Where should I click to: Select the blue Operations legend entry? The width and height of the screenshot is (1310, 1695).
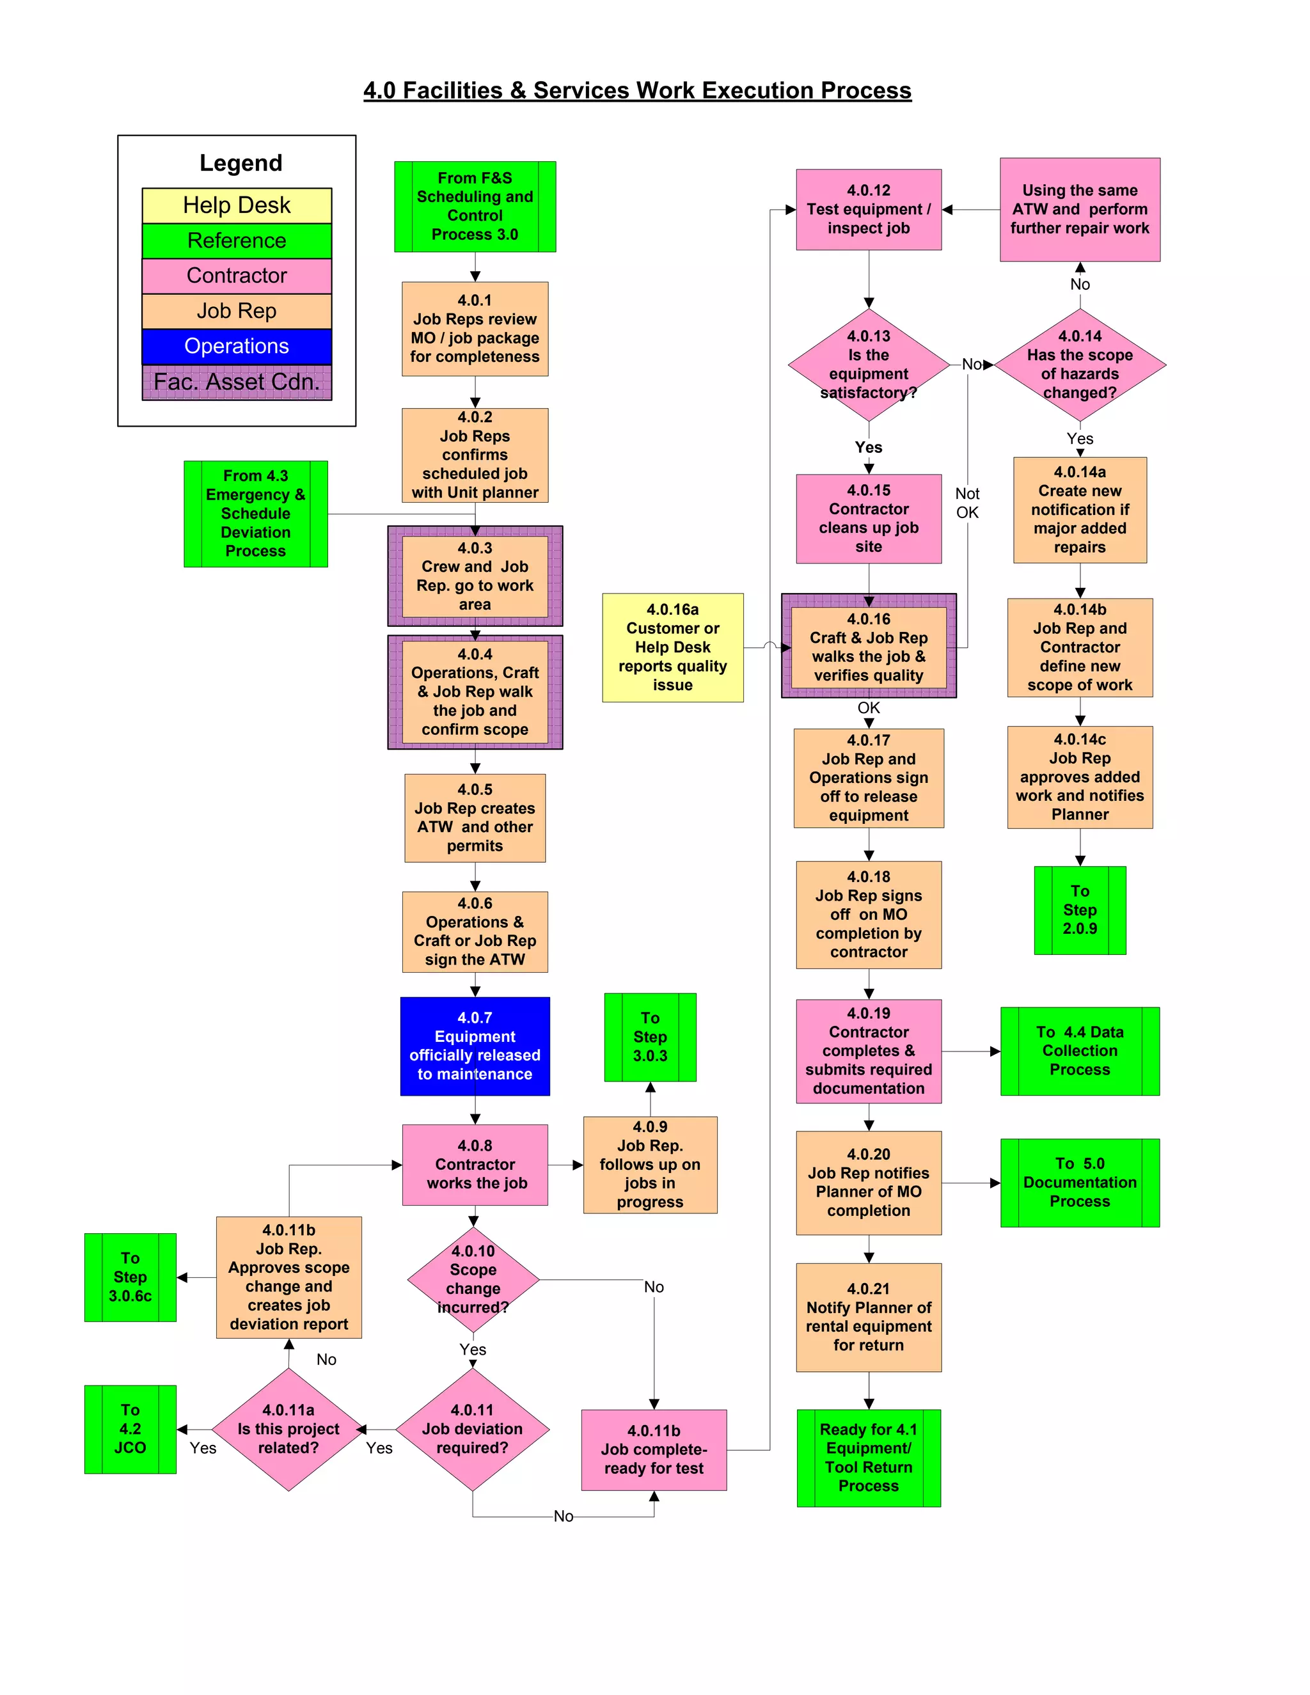237,346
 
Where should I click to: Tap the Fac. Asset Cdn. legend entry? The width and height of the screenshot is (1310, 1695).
237,382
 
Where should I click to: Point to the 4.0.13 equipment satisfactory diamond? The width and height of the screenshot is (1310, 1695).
869,365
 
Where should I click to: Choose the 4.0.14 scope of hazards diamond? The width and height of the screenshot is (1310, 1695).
1080,365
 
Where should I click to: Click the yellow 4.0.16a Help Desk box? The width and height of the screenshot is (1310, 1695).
673,647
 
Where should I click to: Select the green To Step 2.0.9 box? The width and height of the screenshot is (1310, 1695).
1080,910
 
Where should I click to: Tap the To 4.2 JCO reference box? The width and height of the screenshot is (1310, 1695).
130,1429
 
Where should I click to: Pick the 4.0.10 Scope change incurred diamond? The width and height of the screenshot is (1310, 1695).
473,1279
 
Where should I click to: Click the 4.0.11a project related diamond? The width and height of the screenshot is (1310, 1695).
288,1429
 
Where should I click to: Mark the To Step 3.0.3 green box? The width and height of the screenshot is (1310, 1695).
651,1037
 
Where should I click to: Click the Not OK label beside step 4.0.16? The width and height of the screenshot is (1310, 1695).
967,503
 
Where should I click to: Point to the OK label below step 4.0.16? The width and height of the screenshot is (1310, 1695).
869,708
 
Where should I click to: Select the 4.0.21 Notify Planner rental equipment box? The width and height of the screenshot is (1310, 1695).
869,1317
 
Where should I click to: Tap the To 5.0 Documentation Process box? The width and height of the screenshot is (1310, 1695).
1080,1182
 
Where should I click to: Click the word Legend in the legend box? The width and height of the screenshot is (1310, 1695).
241,163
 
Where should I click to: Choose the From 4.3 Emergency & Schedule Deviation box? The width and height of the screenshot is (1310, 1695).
255,514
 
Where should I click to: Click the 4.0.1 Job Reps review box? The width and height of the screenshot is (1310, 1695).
475,328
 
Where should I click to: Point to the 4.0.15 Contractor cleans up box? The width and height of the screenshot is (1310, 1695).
869,519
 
